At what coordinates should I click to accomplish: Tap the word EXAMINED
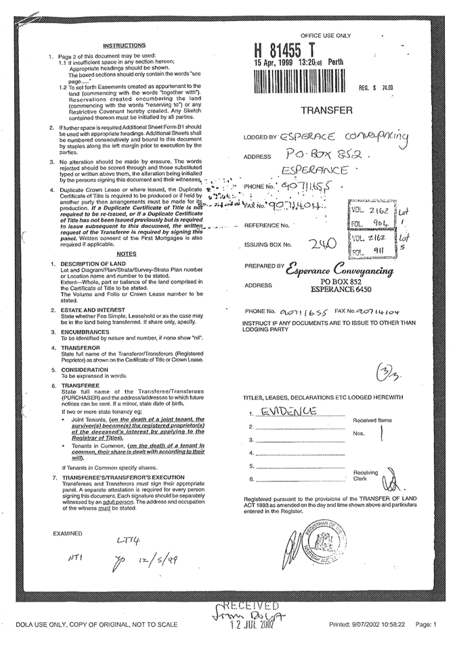68,533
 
